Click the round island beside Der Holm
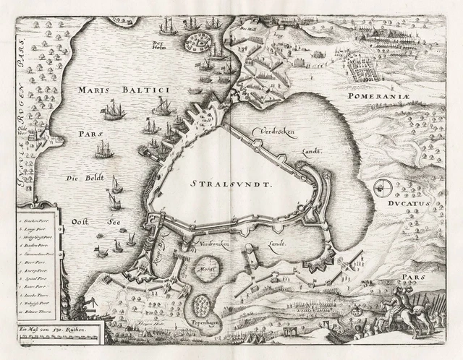point(195,43)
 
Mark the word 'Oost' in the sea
point(70,223)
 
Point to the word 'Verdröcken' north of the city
point(276,132)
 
